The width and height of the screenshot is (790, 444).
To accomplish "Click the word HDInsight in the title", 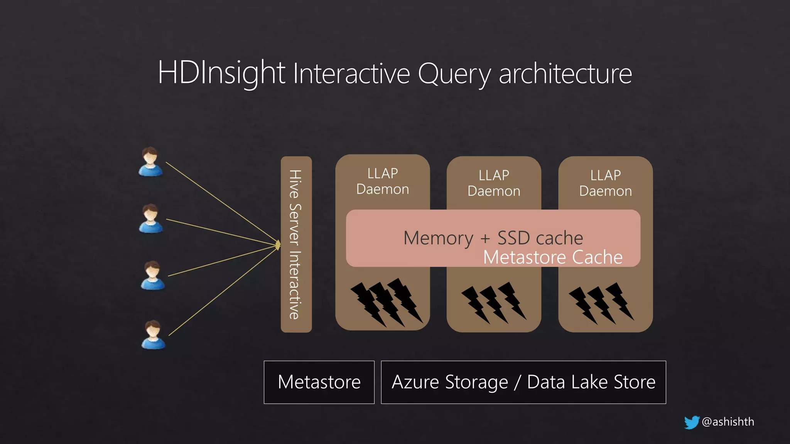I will pyautogui.click(x=221, y=73).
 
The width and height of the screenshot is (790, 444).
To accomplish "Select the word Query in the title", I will pyautogui.click(x=454, y=74).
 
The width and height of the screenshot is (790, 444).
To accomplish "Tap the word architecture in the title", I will pyautogui.click(x=565, y=74).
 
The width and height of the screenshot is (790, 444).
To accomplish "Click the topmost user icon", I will pyautogui.click(x=150, y=162).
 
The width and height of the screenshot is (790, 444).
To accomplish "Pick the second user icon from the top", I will pyautogui.click(x=151, y=219).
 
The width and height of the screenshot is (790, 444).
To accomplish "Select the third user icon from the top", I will pyautogui.click(x=153, y=276).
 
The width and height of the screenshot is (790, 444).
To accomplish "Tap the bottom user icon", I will pyautogui.click(x=154, y=335).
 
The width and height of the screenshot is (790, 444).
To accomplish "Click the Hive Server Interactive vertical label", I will pyautogui.click(x=295, y=244).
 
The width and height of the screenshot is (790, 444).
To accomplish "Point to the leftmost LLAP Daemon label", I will pyautogui.click(x=383, y=181).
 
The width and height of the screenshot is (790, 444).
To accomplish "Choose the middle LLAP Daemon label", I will pyautogui.click(x=494, y=183).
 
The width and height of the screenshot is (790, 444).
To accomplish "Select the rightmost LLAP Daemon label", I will pyautogui.click(x=606, y=183).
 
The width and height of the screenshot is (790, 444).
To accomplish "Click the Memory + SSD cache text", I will pyautogui.click(x=493, y=238).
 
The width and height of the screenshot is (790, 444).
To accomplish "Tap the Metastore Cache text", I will pyautogui.click(x=553, y=257).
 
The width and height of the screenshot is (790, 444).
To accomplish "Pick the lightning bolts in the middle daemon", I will pyautogui.click(x=494, y=303).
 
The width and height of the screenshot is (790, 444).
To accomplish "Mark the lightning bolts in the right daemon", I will pyautogui.click(x=602, y=303).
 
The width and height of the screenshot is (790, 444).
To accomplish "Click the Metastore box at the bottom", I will pyautogui.click(x=319, y=382).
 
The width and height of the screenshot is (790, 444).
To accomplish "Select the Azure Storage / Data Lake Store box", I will pyautogui.click(x=523, y=382).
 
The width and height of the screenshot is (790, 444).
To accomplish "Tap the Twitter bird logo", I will pyautogui.click(x=692, y=422).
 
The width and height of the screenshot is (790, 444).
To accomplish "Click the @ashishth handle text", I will pyautogui.click(x=728, y=422).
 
